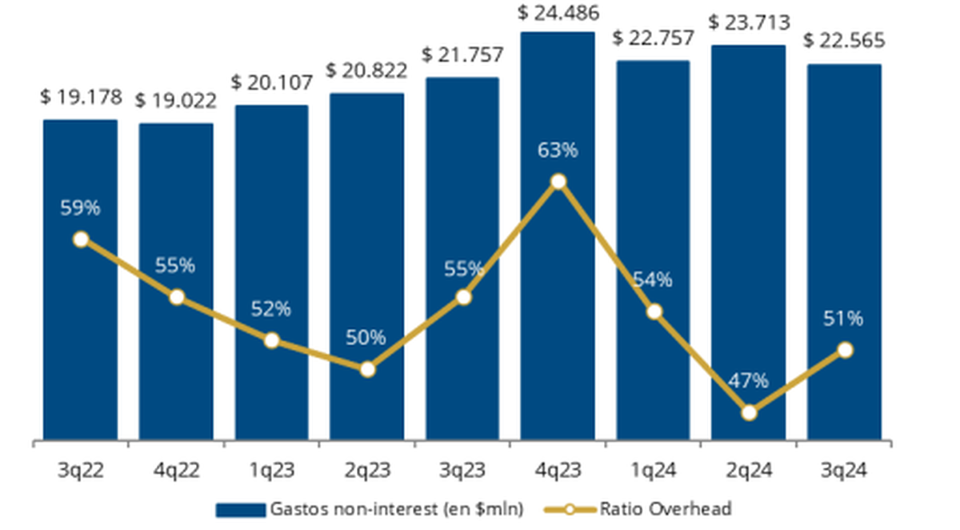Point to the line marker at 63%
(x=558, y=182)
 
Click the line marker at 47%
(x=749, y=412)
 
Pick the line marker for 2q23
(x=367, y=369)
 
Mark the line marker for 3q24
(x=844, y=350)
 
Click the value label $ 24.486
(x=558, y=13)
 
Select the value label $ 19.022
(x=175, y=102)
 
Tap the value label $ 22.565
(x=844, y=40)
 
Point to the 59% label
(x=80, y=208)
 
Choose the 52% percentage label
(x=271, y=309)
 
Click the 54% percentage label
(x=653, y=280)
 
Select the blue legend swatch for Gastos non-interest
(x=239, y=509)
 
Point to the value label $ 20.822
(x=367, y=70)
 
